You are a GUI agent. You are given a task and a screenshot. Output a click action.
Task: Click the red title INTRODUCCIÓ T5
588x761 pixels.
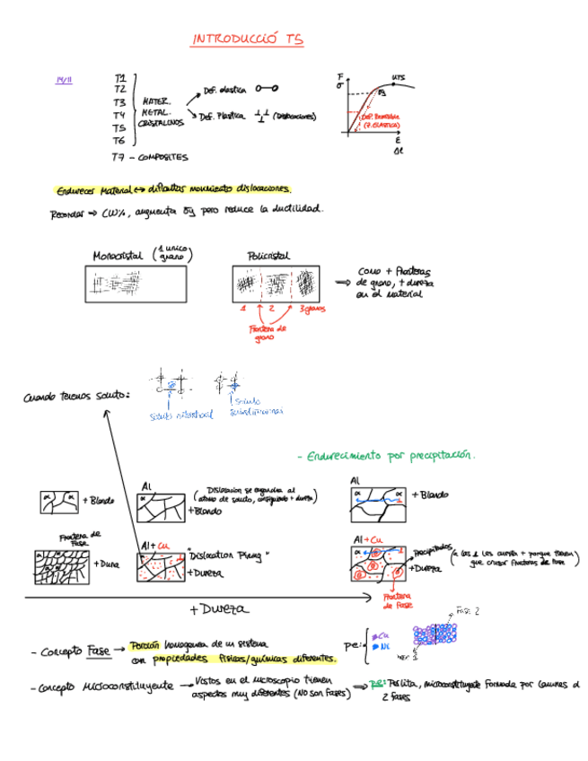[248, 39]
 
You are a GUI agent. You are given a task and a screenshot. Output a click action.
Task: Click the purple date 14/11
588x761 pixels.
[64, 81]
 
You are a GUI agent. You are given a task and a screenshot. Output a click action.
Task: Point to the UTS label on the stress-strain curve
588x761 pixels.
[398, 77]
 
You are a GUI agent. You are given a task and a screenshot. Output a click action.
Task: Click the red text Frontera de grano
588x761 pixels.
[267, 334]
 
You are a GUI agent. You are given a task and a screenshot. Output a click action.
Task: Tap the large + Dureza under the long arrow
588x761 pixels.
[218, 609]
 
